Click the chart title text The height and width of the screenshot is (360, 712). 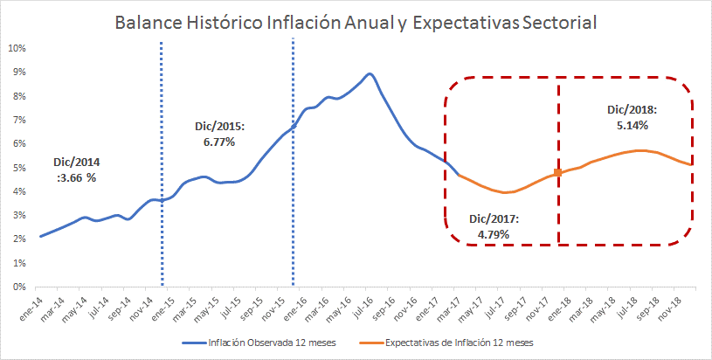point(356,21)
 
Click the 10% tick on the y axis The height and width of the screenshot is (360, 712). point(17,48)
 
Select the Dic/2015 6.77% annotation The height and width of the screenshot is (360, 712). point(219,134)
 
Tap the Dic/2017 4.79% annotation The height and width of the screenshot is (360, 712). point(494,225)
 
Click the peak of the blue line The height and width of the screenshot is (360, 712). point(370,74)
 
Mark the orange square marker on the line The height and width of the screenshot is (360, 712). point(557,173)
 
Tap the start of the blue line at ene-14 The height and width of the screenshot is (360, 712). point(40,236)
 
